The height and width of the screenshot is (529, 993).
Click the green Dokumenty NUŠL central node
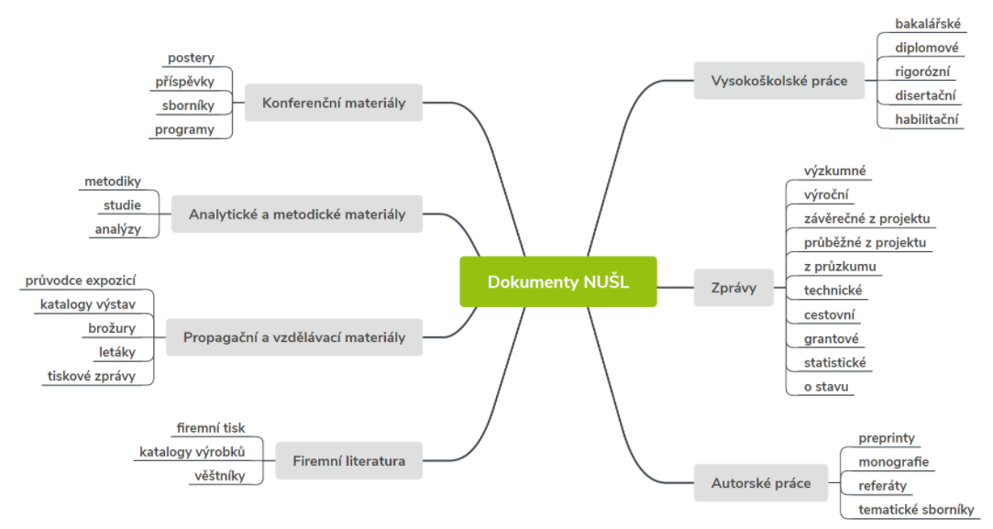click(557, 282)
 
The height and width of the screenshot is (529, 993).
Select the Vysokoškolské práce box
click(779, 81)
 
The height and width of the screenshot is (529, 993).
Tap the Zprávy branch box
click(734, 288)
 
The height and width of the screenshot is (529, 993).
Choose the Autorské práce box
click(761, 483)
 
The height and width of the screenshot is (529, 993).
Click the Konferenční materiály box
click(334, 103)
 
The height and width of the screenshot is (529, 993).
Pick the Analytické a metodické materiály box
click(297, 215)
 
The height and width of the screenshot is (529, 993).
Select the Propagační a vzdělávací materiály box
click(294, 337)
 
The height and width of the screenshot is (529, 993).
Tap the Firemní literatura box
click(349, 460)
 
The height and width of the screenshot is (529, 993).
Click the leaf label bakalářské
click(928, 24)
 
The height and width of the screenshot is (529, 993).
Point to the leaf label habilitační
click(926, 119)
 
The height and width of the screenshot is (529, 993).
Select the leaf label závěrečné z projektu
click(867, 218)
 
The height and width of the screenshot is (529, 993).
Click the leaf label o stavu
click(826, 387)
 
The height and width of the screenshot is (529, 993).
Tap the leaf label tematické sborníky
click(916, 510)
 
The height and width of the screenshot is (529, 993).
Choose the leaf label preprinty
click(887, 437)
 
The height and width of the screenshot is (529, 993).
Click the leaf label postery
click(191, 58)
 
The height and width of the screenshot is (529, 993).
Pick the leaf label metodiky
click(113, 182)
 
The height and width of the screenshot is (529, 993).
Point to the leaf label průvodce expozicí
click(81, 280)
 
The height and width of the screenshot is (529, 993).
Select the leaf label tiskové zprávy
click(91, 376)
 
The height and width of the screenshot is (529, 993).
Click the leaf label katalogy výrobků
click(192, 452)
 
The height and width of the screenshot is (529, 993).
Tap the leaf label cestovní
click(829, 314)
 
